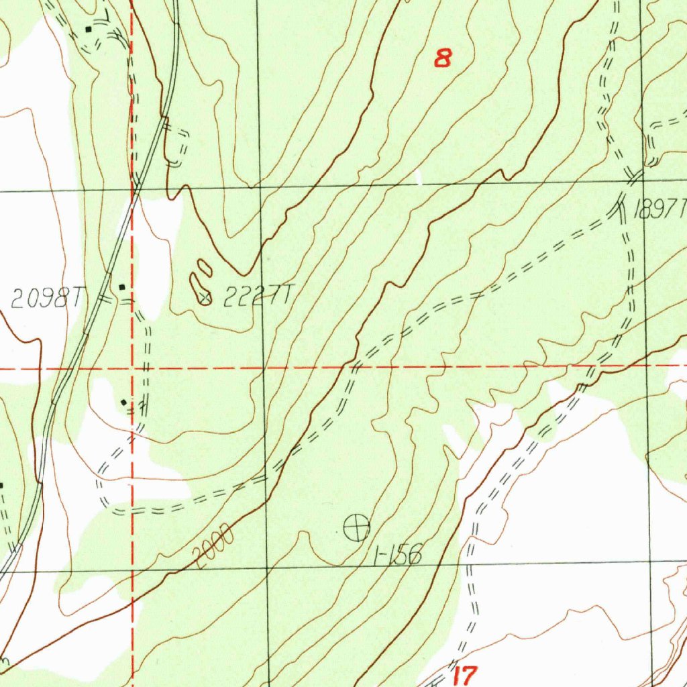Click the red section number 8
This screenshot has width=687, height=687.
coord(442,58)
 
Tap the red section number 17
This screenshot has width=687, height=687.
coord(464,675)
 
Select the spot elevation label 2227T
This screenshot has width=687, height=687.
coord(258,295)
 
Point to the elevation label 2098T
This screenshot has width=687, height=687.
coord(46,299)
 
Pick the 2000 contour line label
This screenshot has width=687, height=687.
coord(213,545)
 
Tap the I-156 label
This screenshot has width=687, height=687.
coord(399,555)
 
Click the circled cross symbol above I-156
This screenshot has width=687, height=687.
coord(356,528)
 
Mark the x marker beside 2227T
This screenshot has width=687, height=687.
coord(207,296)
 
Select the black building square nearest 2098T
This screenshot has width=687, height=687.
coord(121,287)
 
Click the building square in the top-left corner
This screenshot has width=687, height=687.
coord(89,30)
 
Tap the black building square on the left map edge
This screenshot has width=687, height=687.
coord(2,485)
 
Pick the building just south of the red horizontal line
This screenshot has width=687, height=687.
coord(124,402)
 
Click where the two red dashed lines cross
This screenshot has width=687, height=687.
coord(133,368)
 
